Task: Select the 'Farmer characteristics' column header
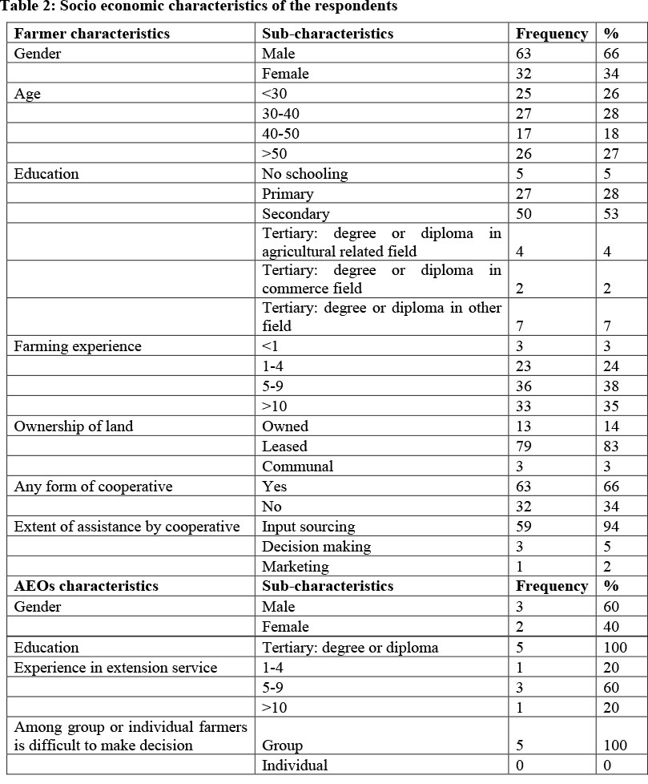[92, 34]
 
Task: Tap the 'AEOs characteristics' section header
[87, 586]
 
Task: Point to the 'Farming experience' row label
[78, 347]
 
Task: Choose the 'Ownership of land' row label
[74, 426]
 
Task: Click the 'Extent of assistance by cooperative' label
[127, 527]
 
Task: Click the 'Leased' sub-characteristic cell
[284, 447]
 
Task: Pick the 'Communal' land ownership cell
[298, 467]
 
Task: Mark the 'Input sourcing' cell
[308, 527]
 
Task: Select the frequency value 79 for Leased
[525, 447]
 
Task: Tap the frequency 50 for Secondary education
[525, 214]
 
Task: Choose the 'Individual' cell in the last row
[295, 766]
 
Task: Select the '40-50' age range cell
[281, 134]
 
